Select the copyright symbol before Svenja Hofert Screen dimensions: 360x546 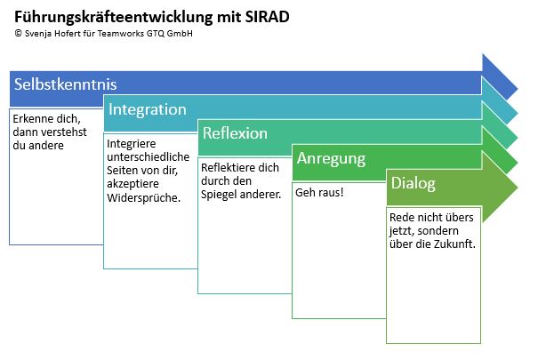[19, 35]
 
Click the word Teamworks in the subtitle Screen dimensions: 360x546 [130, 35]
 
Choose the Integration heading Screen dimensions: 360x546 [148, 109]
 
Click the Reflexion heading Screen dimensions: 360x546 [235, 134]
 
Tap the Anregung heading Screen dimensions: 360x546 [331, 159]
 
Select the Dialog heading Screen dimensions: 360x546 [414, 184]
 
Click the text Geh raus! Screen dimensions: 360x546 [320, 192]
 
